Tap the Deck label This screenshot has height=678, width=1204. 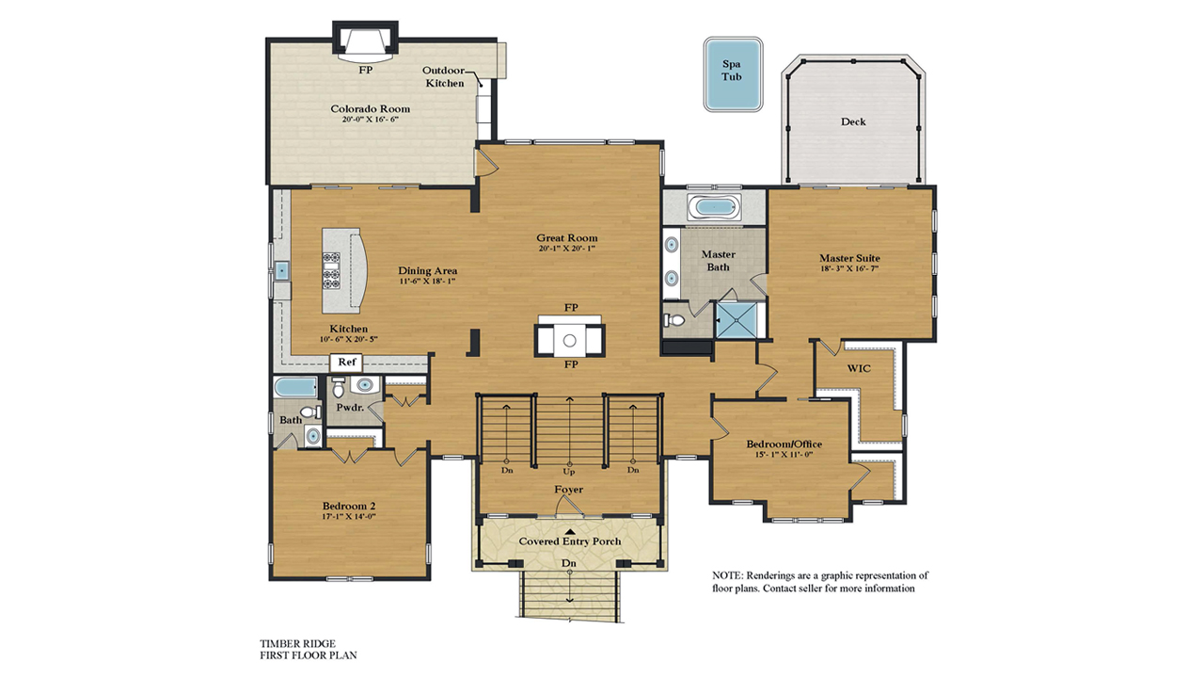(x=853, y=121)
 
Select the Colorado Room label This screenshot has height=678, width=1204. (x=370, y=109)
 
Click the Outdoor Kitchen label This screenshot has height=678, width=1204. (x=443, y=77)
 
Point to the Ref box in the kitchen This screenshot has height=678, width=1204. (x=346, y=362)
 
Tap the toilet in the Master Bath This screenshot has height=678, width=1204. (x=674, y=320)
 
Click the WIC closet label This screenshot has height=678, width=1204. (x=860, y=368)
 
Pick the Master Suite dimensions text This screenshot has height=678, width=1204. (x=849, y=269)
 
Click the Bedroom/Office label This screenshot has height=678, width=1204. (x=784, y=444)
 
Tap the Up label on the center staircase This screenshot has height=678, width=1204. (x=568, y=470)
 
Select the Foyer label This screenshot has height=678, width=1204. (x=568, y=490)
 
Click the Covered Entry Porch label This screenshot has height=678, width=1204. (x=569, y=541)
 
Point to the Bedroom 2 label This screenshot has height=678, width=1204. (x=350, y=505)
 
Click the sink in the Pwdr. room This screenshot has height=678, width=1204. (x=362, y=385)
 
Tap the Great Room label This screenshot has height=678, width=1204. (x=567, y=238)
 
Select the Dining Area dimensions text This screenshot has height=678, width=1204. (x=427, y=282)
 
